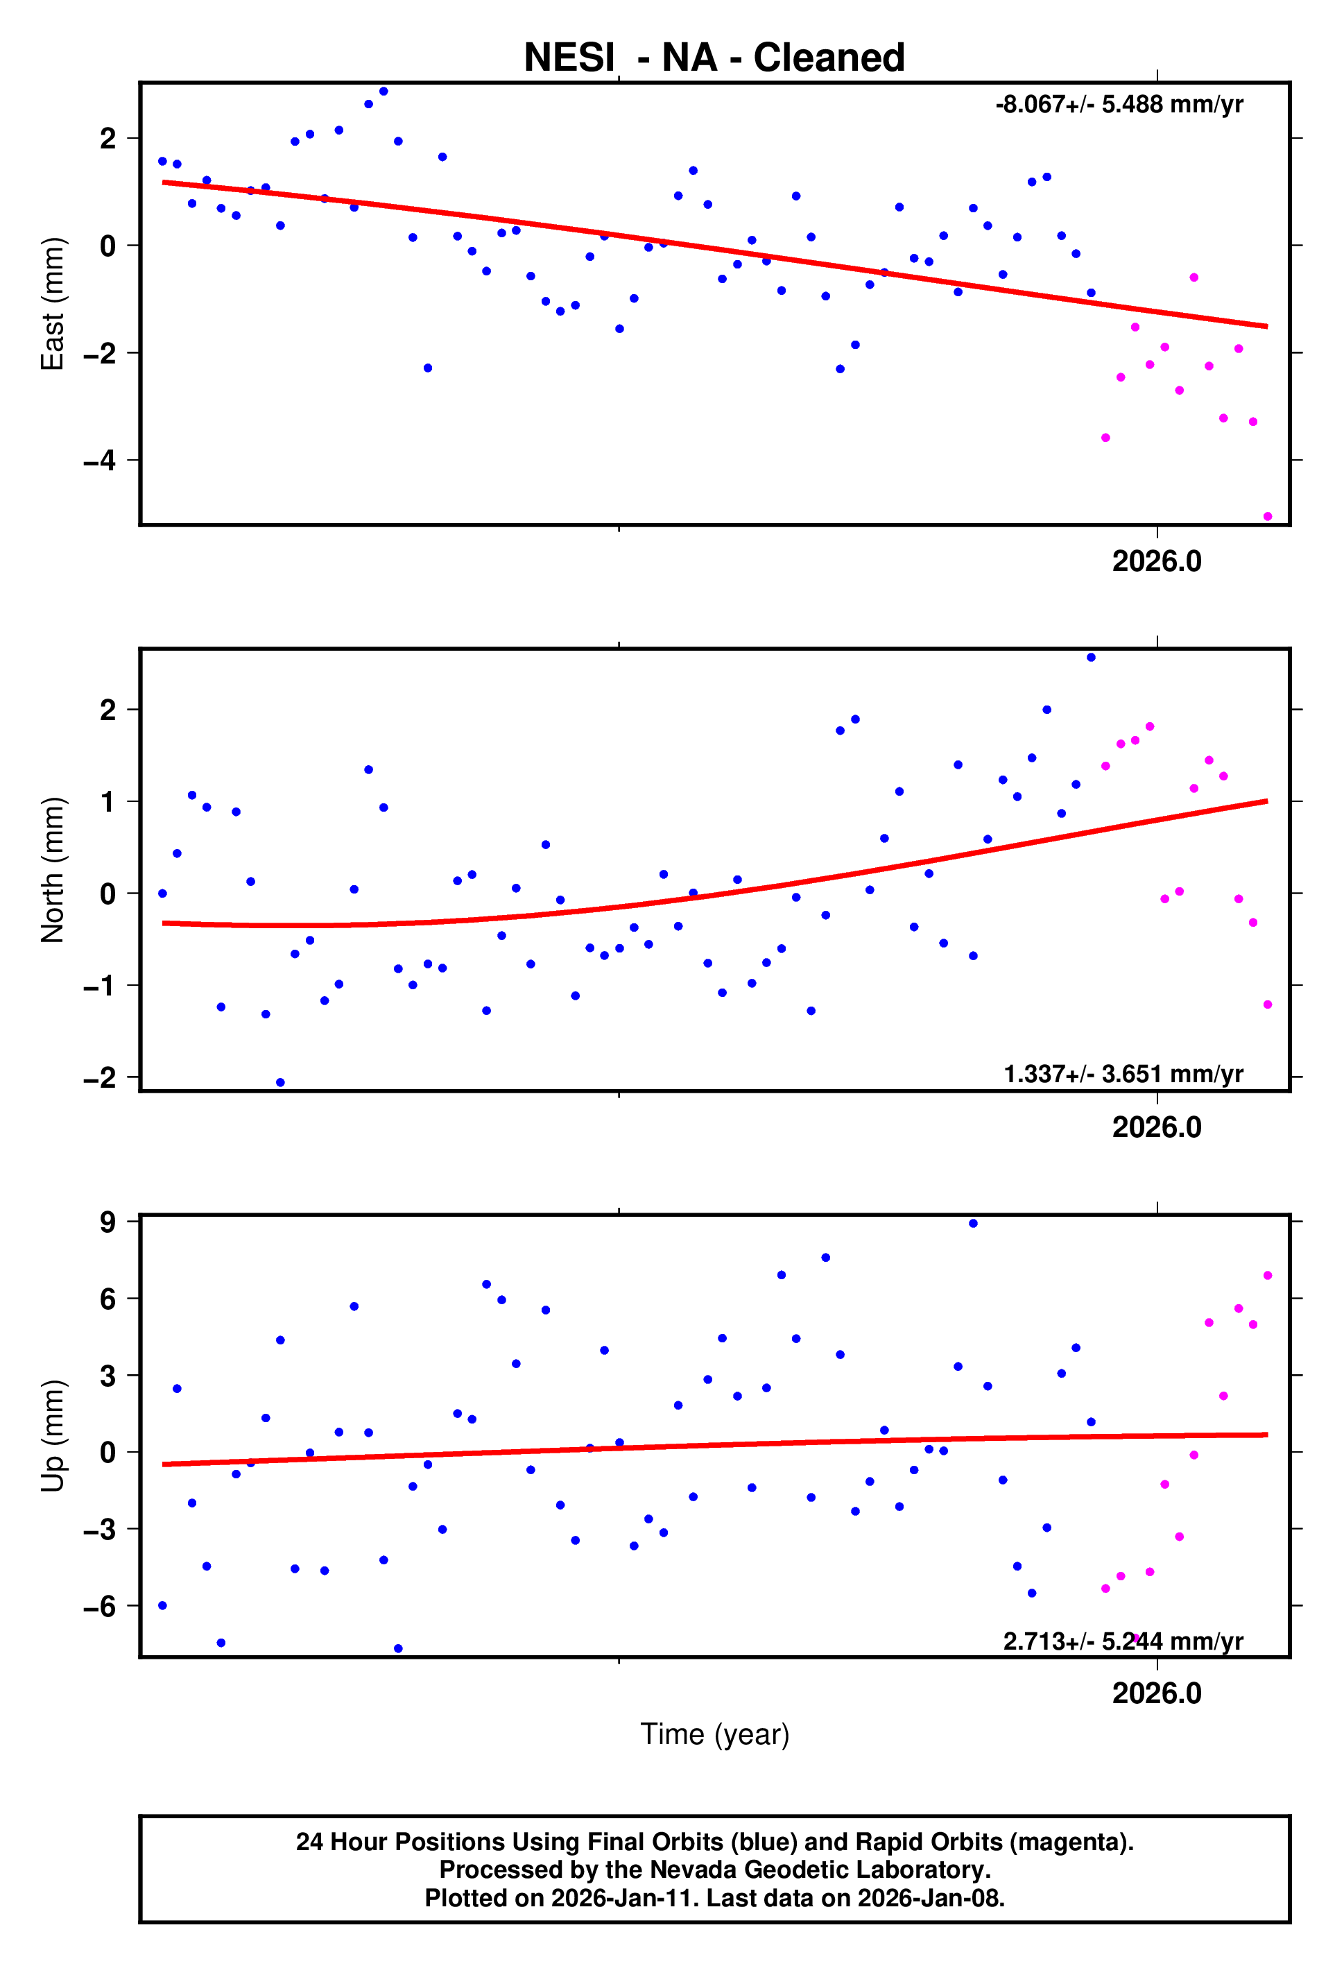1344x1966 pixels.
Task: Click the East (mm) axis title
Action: click(53, 304)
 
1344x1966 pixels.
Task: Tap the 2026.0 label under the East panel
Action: click(1156, 562)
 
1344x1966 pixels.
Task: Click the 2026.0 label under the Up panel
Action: click(1156, 1693)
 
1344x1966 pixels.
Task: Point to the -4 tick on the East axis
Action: click(100, 461)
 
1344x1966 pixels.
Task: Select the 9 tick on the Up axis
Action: click(107, 1222)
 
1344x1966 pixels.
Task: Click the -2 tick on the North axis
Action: click(100, 1078)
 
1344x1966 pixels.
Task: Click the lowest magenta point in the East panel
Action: click(1267, 517)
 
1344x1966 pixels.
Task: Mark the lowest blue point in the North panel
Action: click(280, 1083)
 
